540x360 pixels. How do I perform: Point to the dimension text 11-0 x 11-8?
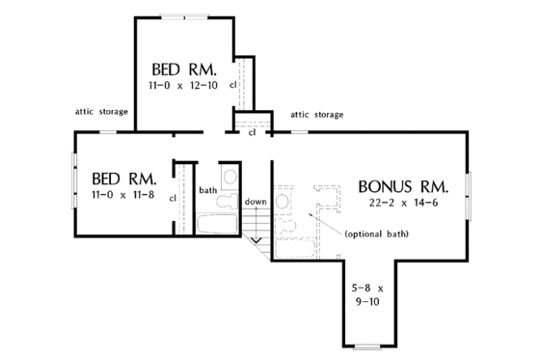121,197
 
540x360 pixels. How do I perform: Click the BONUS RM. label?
403,185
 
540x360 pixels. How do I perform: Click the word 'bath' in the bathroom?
208,190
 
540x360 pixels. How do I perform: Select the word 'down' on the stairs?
255,201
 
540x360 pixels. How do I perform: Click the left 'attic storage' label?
101,112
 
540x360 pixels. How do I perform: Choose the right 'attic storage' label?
316,114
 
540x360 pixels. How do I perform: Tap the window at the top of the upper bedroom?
182,15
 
